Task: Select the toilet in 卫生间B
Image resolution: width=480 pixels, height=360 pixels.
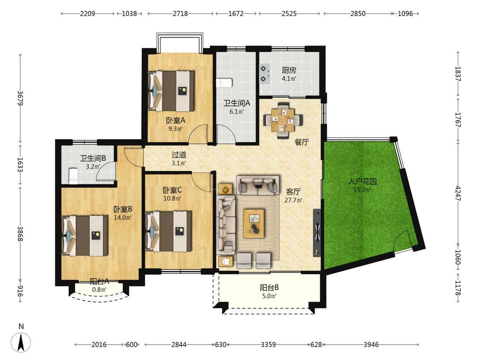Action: tap(73, 176)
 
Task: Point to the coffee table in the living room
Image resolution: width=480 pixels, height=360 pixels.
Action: tap(254, 224)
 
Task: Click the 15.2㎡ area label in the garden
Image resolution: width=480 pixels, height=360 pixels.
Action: tap(362, 190)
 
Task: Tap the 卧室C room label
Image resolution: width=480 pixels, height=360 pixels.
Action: tap(172, 190)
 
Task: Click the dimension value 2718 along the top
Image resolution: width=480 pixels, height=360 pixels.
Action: tap(180, 14)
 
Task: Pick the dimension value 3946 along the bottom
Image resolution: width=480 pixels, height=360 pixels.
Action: tap(371, 345)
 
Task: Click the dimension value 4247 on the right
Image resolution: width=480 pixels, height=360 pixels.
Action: tap(458, 193)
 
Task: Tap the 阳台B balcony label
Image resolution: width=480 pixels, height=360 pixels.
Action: tap(269, 288)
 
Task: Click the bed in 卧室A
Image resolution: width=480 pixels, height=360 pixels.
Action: tap(172, 91)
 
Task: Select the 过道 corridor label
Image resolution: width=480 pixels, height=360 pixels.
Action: tap(179, 155)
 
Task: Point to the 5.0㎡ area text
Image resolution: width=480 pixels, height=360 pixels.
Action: tap(269, 296)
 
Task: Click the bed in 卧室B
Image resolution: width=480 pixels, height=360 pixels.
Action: tap(85, 235)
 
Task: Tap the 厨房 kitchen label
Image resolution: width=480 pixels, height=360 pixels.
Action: tap(289, 70)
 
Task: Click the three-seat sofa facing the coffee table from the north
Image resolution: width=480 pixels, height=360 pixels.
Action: tap(258, 185)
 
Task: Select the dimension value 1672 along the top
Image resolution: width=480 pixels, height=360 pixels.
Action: tap(236, 14)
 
